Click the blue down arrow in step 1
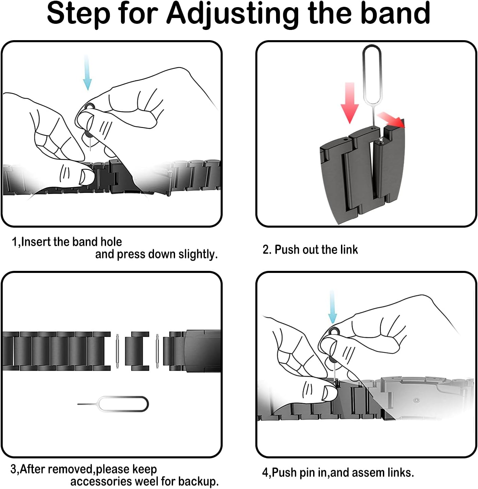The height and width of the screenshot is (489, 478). point(87,72)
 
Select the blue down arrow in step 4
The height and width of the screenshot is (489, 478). point(332,307)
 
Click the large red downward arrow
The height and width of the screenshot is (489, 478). point(350,103)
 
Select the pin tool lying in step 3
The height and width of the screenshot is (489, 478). point(113,404)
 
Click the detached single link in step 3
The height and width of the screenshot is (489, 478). point(137,351)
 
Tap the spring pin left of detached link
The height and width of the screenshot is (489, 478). point(117,351)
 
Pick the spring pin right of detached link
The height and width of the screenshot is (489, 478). point(157,351)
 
